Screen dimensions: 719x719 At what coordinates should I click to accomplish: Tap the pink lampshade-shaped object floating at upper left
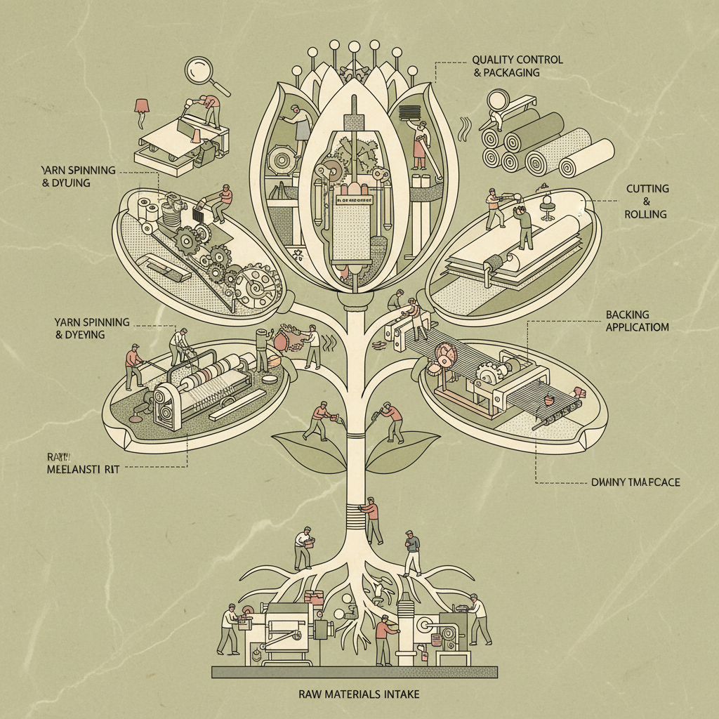pos(143,106)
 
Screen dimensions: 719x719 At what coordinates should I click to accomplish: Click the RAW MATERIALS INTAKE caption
pos(359,694)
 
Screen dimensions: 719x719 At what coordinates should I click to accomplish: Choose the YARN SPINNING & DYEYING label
pos(91,328)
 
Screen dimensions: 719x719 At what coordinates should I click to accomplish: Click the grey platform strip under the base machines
pos(355,672)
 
